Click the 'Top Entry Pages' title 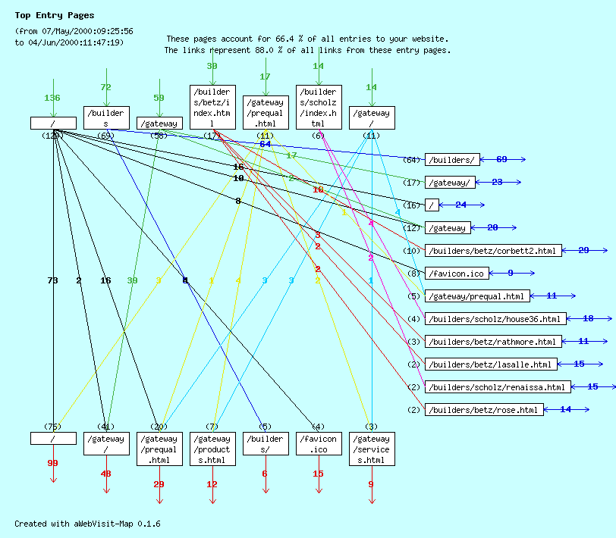(55, 15)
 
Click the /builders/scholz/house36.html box (495, 319)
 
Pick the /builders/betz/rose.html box (485, 410)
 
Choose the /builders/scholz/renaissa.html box (497, 387)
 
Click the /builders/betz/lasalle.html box (490, 364)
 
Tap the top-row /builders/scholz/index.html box (319, 108)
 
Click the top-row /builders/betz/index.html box (212, 108)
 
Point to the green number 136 (52, 98)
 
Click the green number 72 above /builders (106, 87)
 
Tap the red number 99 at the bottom (53, 463)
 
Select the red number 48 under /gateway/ (106, 474)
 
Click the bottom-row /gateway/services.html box (372, 449)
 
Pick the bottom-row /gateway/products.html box (212, 449)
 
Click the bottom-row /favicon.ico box (319, 444)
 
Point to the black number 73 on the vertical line (53, 280)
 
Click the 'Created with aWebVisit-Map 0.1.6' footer (87, 524)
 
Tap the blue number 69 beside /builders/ (501, 159)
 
